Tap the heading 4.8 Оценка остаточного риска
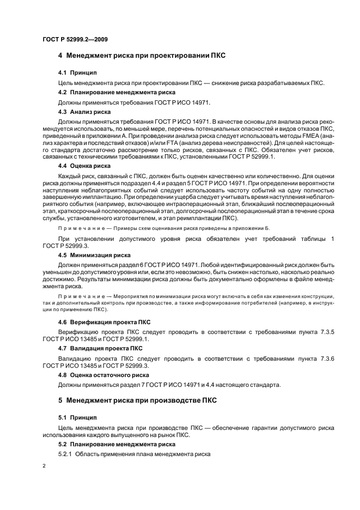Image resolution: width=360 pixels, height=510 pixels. click(x=103, y=374)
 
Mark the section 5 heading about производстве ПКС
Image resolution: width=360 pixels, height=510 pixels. click(x=137, y=400)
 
